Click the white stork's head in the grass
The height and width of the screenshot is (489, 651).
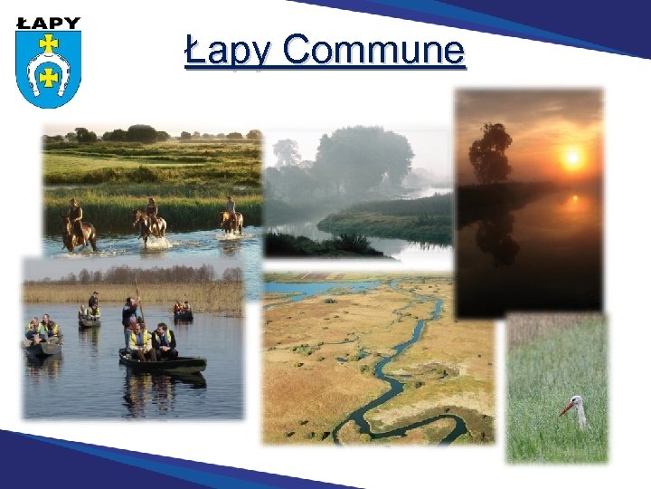click(575, 402)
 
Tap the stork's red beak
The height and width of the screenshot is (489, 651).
click(564, 408)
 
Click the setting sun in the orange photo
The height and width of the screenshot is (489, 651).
click(571, 158)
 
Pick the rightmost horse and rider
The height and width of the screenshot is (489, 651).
click(232, 216)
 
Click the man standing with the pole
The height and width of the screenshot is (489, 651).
click(131, 317)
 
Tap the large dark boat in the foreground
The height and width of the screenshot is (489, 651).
click(164, 363)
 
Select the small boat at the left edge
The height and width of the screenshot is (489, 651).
click(41, 344)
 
